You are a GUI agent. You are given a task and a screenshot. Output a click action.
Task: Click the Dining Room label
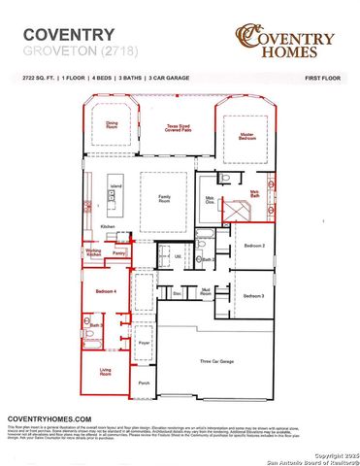pyautogui.click(x=112, y=124)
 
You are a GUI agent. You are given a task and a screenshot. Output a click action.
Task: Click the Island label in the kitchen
pyautogui.click(x=115, y=184)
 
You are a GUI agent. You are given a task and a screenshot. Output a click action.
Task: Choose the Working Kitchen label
pyautogui.click(x=94, y=253)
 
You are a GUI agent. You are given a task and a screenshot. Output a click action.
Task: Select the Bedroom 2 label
pyautogui.click(x=254, y=247)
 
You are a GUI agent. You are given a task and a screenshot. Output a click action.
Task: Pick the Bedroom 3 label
pyautogui.click(x=254, y=295)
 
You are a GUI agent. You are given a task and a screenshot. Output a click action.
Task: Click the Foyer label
pyautogui.click(x=144, y=344)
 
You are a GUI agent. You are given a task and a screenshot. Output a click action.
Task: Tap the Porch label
pyautogui.click(x=144, y=383)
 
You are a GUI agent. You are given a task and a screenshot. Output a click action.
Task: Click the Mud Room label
pyautogui.click(x=206, y=291)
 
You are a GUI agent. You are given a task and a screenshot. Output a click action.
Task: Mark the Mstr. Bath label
pyautogui.click(x=254, y=195)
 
